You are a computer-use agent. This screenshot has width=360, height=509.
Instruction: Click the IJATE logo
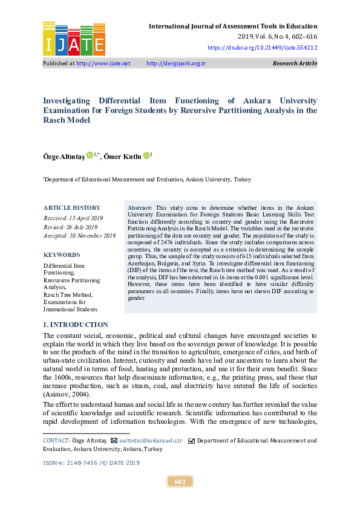74,38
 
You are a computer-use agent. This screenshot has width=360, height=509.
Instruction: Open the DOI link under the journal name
262,47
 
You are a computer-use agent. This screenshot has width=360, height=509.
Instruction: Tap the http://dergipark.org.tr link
176,63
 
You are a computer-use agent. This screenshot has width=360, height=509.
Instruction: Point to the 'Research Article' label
295,63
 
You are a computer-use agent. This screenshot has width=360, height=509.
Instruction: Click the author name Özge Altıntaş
64,156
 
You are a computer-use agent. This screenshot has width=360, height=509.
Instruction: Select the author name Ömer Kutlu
122,156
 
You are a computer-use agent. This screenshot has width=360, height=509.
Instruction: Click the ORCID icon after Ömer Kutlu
146,155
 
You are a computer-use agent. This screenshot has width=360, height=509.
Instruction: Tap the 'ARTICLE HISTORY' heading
72,208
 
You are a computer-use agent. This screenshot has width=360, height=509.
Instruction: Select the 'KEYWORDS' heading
62,255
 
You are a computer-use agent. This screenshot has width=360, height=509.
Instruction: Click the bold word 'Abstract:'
140,208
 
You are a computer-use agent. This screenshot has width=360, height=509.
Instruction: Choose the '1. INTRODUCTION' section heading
76,325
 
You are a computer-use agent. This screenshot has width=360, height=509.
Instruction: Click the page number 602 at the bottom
180,482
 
